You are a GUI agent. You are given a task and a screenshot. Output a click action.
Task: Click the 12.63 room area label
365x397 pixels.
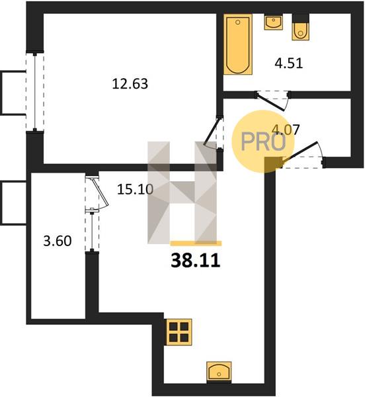tap(130, 83)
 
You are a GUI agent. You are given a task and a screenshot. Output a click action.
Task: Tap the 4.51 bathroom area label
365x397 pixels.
tap(288, 63)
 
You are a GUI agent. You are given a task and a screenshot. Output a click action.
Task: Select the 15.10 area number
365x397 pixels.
tap(135, 189)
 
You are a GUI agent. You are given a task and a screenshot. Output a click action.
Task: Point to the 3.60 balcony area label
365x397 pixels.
tap(58, 241)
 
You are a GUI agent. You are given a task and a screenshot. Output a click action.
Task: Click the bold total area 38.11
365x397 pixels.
tap(196, 261)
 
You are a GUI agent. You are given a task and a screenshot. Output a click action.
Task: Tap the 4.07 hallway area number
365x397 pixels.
tap(286, 130)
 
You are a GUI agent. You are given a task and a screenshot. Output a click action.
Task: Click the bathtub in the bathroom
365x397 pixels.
tap(238, 44)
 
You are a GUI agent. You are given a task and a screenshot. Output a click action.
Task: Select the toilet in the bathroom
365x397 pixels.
tap(300, 31)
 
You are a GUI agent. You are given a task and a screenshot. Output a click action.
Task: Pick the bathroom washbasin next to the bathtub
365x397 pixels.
tap(274, 22)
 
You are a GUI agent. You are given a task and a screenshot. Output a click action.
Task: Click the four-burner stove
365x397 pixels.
tap(179, 332)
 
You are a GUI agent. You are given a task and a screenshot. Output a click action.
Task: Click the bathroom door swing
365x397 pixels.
tap(272, 102)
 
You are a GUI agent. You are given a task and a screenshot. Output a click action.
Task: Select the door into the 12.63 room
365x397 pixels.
tap(213, 134)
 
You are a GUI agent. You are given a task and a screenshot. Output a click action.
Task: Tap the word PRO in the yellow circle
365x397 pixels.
tap(263, 142)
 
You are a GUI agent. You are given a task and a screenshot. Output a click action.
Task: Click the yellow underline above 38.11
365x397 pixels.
tap(196, 243)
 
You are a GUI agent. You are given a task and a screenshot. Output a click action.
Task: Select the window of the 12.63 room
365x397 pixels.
tap(35, 92)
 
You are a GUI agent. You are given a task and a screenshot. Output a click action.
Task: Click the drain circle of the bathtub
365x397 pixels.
tap(238, 22)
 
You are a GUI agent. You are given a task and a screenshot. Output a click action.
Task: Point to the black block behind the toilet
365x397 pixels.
tap(300, 18)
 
